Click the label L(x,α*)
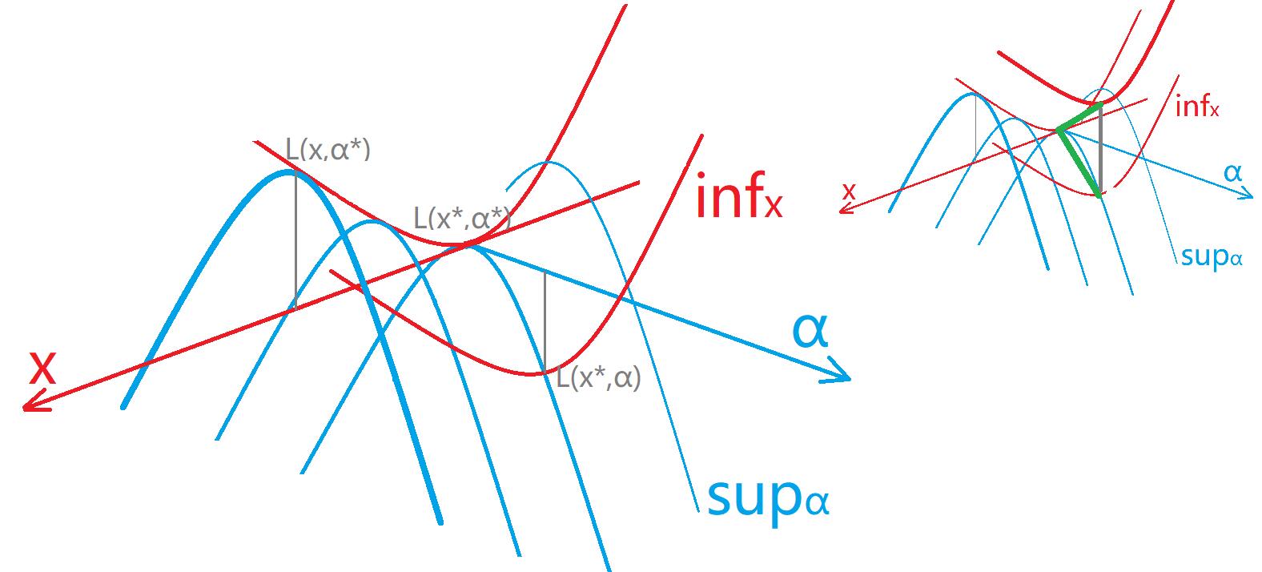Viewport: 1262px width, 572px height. pyautogui.click(x=328, y=150)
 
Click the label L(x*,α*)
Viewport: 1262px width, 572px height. pyautogui.click(x=461, y=217)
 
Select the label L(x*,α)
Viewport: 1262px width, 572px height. pyautogui.click(x=599, y=377)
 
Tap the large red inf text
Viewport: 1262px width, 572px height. pyautogui.click(x=738, y=199)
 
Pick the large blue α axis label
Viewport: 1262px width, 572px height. pyautogui.click(x=810, y=329)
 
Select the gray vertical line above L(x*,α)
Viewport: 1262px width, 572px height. pyautogui.click(x=545, y=320)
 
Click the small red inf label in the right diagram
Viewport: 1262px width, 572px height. pyautogui.click(x=1197, y=106)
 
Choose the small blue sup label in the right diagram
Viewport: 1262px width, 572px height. pyautogui.click(x=1211, y=256)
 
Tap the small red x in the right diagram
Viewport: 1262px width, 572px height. pyautogui.click(x=849, y=191)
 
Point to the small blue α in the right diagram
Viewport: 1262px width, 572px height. pyautogui.click(x=1232, y=172)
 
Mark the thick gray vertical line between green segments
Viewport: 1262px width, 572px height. pyautogui.click(x=1101, y=148)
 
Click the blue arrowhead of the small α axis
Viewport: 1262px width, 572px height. pyautogui.click(x=1246, y=195)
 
